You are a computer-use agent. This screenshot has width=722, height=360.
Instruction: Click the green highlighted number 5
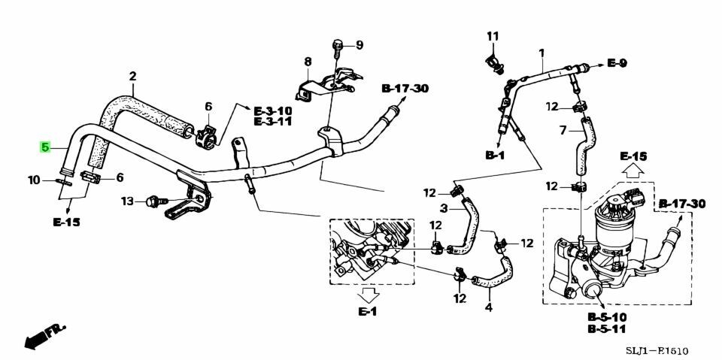[x=45, y=147]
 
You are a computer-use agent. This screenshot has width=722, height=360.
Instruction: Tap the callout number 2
[x=132, y=76]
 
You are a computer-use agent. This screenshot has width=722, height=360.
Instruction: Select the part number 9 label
[x=359, y=45]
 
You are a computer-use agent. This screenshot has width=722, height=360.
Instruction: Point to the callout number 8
[x=307, y=61]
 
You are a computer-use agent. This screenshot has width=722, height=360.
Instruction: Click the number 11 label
[x=493, y=36]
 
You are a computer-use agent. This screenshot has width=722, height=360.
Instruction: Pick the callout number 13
[x=127, y=201]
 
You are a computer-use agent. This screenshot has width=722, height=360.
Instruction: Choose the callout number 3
[x=444, y=208]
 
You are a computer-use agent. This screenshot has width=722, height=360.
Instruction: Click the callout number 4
[x=489, y=307]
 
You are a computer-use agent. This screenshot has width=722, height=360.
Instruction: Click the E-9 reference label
[x=617, y=64]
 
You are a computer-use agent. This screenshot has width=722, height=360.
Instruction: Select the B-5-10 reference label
[x=608, y=317]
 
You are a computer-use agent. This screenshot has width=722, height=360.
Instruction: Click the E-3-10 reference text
[x=273, y=110]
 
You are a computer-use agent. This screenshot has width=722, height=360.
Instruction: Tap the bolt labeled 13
[x=154, y=201]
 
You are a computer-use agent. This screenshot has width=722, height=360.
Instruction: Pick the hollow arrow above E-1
[x=369, y=293]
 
